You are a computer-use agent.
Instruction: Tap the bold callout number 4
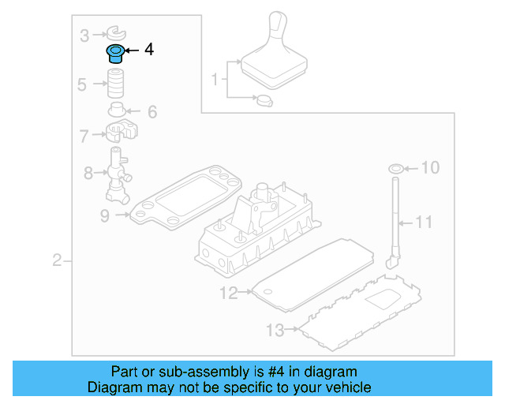click(x=148, y=50)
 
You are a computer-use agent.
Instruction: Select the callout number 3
click(x=84, y=34)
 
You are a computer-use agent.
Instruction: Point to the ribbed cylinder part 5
click(x=118, y=83)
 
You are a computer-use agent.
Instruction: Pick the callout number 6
click(x=152, y=112)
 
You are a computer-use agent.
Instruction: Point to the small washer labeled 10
click(x=396, y=168)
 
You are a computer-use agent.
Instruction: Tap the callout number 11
click(x=425, y=222)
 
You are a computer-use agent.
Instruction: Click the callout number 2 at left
click(x=57, y=260)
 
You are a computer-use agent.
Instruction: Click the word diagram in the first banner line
click(x=331, y=372)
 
